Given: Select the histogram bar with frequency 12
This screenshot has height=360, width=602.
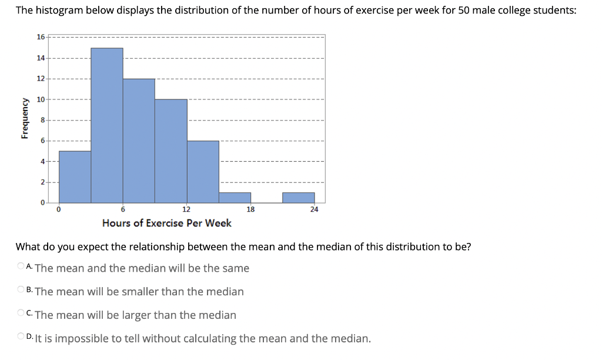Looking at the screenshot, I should (x=139, y=141).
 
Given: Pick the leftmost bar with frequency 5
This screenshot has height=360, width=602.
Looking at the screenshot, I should (x=75, y=176).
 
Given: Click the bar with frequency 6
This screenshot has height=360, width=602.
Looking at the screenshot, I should (x=203, y=172).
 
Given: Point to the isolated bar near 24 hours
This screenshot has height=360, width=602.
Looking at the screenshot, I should (x=298, y=198).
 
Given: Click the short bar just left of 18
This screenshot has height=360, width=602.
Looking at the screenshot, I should (x=235, y=198).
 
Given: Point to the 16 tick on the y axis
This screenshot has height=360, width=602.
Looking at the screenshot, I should (x=40, y=36).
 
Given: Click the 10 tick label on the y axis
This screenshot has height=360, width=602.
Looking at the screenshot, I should (x=40, y=99).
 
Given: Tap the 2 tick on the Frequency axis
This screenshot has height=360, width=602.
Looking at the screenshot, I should (x=42, y=182).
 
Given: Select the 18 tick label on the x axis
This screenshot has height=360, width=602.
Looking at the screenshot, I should (x=250, y=209).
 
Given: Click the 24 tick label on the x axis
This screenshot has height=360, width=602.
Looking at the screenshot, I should (x=314, y=209).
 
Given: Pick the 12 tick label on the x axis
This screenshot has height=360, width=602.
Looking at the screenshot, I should (x=186, y=209).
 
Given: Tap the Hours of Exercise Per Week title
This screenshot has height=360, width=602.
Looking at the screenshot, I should (x=166, y=223).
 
